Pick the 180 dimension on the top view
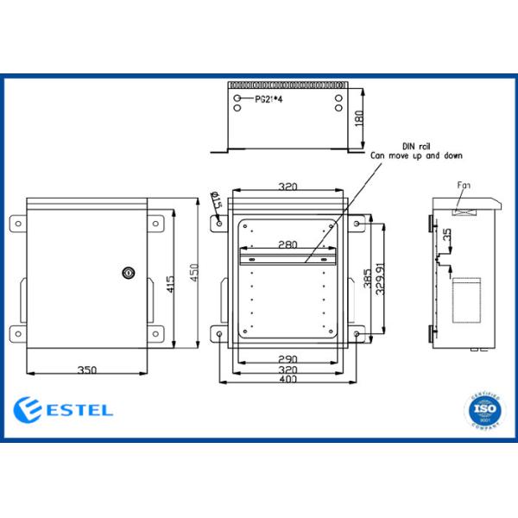[x=359, y=118]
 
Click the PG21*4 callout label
[x=269, y=100]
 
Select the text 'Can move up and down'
[x=416, y=156]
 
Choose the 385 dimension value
[x=369, y=281]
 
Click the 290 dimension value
[x=287, y=358]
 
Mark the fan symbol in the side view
[x=463, y=208]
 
